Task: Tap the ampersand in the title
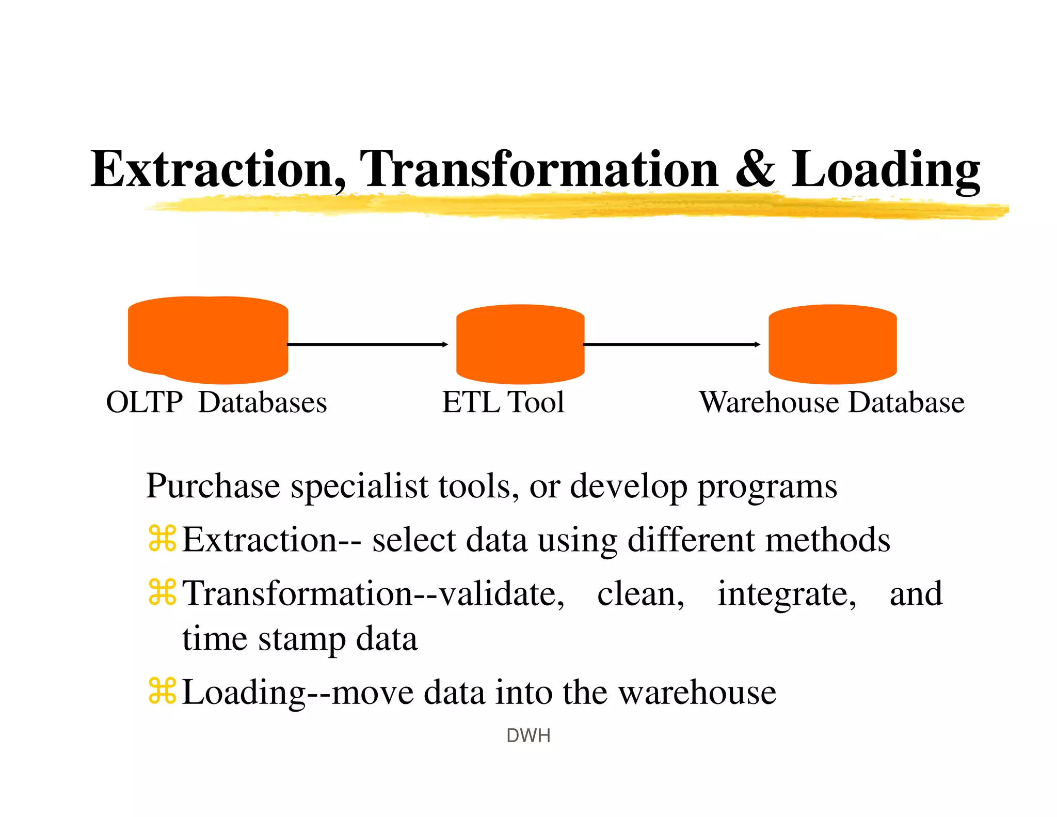(755, 169)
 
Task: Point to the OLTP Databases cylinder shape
(208, 340)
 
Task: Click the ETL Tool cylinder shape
(520, 344)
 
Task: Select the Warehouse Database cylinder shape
(832, 344)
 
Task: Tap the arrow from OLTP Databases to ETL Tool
(367, 344)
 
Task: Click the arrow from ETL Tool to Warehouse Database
(671, 344)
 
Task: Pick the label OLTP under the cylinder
(144, 402)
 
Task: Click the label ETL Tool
(503, 402)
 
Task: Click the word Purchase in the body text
(213, 486)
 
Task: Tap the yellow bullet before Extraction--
(162, 539)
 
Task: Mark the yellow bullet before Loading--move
(162, 691)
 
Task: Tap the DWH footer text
(528, 735)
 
